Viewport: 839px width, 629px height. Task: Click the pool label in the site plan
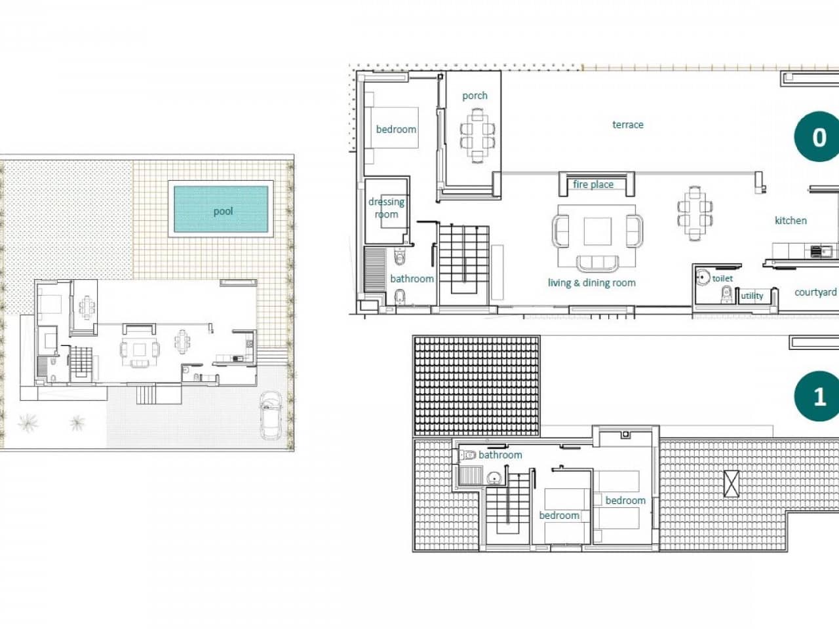[223, 211]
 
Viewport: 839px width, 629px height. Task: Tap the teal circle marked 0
[819, 138]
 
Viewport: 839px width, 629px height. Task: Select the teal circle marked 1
[819, 396]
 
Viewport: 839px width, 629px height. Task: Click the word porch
[475, 96]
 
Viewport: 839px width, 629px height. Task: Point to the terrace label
[627, 124]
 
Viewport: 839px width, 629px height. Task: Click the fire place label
[593, 184]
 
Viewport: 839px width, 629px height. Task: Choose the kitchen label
[790, 220]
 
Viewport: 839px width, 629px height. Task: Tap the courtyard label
[815, 292]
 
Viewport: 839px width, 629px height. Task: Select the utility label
[752, 296]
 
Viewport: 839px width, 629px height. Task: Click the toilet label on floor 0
[722, 278]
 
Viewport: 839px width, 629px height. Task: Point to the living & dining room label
[591, 283]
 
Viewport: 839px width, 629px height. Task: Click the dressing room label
[386, 208]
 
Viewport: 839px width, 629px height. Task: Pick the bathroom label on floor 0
[412, 278]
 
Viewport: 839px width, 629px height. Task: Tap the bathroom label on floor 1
[500, 455]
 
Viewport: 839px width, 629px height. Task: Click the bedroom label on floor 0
[396, 129]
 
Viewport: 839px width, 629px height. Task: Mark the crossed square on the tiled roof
[731, 484]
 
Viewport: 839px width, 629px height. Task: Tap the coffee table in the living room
[597, 231]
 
